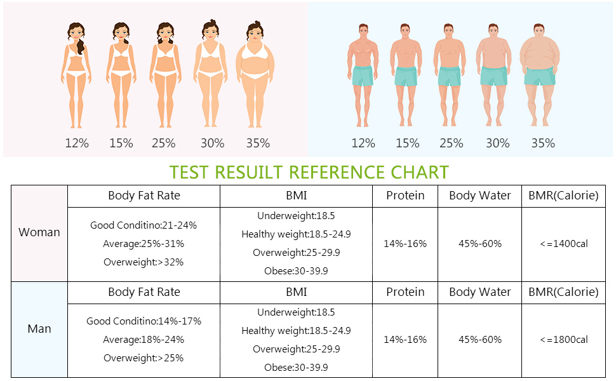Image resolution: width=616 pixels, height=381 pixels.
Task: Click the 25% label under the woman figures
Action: pos(163,144)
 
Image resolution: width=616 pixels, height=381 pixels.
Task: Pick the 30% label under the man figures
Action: pos(497,144)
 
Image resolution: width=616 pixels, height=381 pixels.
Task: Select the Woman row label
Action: pos(39,232)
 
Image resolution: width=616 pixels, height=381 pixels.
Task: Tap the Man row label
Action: pos(39,329)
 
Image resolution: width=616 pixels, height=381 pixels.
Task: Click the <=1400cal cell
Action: pos(563,244)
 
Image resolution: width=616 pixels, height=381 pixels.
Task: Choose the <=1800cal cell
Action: pos(563,340)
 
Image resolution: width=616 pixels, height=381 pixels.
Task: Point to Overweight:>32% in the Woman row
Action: pos(144,262)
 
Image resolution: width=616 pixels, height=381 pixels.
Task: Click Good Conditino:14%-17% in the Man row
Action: pos(144,321)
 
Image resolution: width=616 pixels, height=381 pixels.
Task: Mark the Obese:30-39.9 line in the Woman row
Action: pos(296,271)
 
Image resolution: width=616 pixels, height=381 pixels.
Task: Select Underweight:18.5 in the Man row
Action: pos(296,312)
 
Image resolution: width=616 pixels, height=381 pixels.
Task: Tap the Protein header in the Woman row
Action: pos(405,196)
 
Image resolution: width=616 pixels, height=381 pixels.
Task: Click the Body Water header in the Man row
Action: pos(479,292)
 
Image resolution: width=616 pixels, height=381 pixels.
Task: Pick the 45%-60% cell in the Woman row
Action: pos(479,244)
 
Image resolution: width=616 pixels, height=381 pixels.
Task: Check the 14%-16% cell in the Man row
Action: pos(405,340)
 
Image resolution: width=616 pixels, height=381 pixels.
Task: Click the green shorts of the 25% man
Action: pos(450,76)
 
